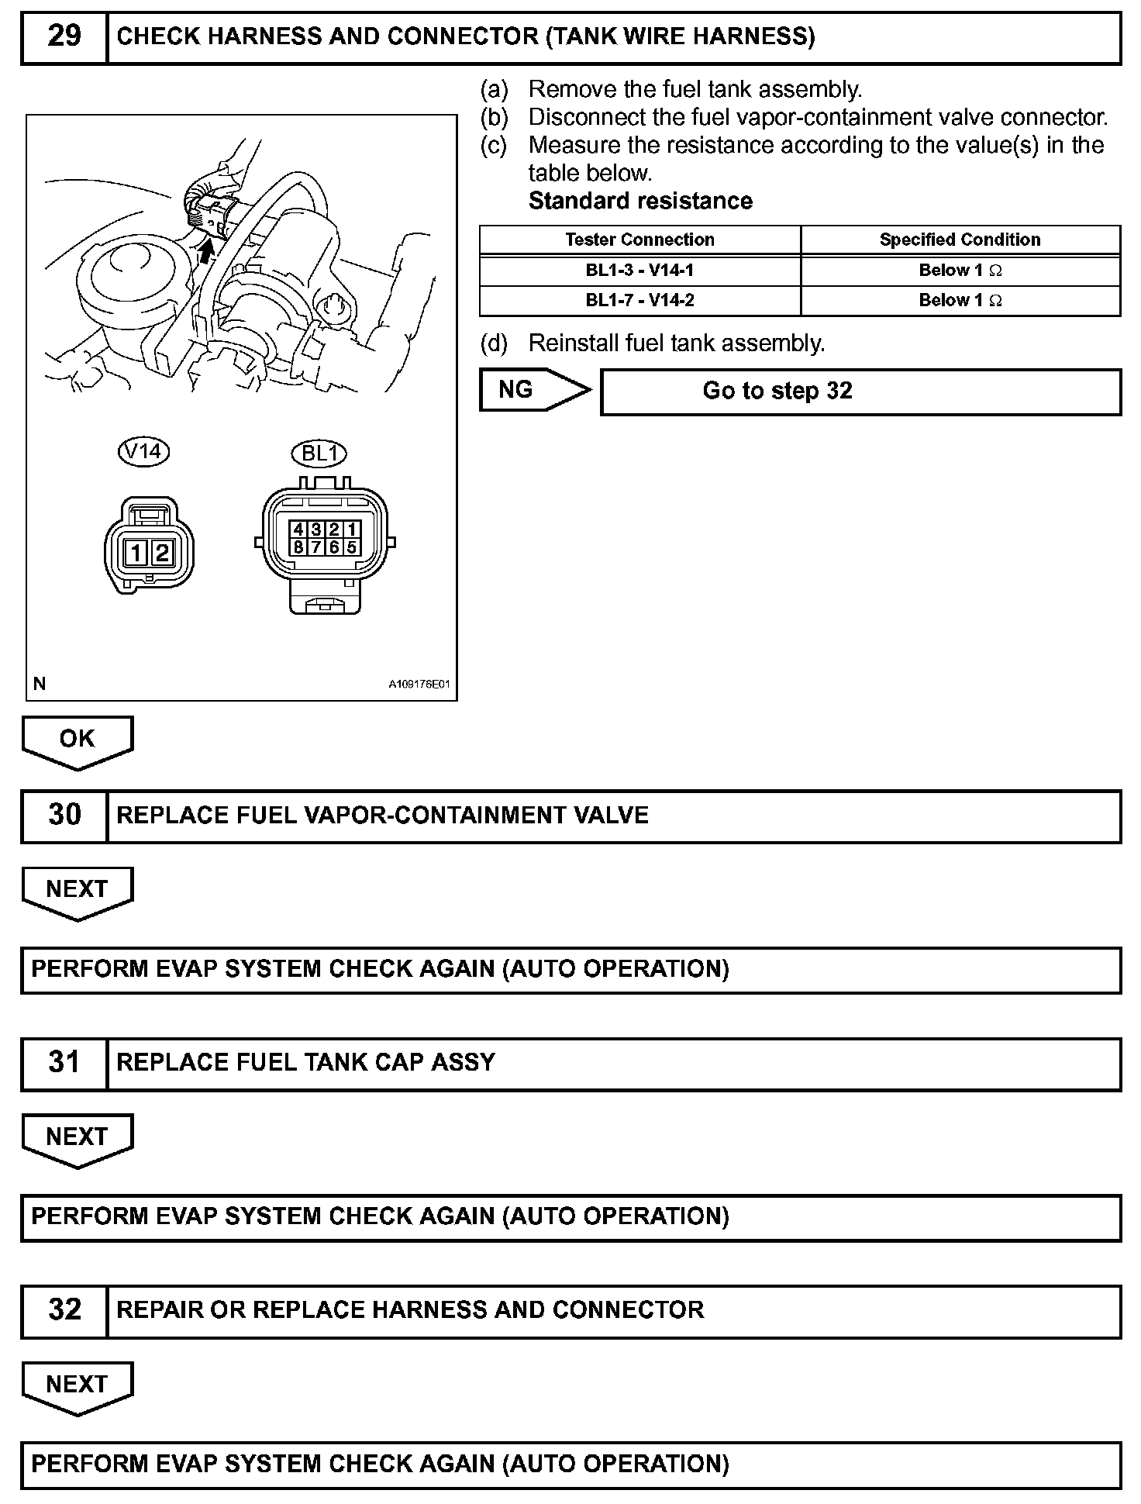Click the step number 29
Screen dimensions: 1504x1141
(64, 36)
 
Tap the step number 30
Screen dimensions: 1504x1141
(64, 816)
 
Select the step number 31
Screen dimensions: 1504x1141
(64, 1063)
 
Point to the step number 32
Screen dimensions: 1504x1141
(64, 1310)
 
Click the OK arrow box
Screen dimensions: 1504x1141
(77, 740)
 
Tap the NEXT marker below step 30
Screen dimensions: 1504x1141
(77, 890)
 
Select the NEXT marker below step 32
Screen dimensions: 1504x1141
(77, 1385)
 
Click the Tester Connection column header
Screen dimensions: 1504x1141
(639, 240)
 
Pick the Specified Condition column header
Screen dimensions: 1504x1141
(960, 240)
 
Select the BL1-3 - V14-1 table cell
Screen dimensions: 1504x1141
(639, 271)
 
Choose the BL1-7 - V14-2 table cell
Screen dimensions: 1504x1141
(639, 301)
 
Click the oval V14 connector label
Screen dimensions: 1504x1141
(143, 451)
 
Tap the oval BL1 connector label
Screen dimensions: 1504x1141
(318, 454)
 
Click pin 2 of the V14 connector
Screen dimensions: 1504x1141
(162, 553)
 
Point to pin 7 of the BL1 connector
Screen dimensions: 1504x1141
(316, 547)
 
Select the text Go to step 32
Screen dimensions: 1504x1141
(777, 391)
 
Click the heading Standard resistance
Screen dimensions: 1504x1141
(640, 202)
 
